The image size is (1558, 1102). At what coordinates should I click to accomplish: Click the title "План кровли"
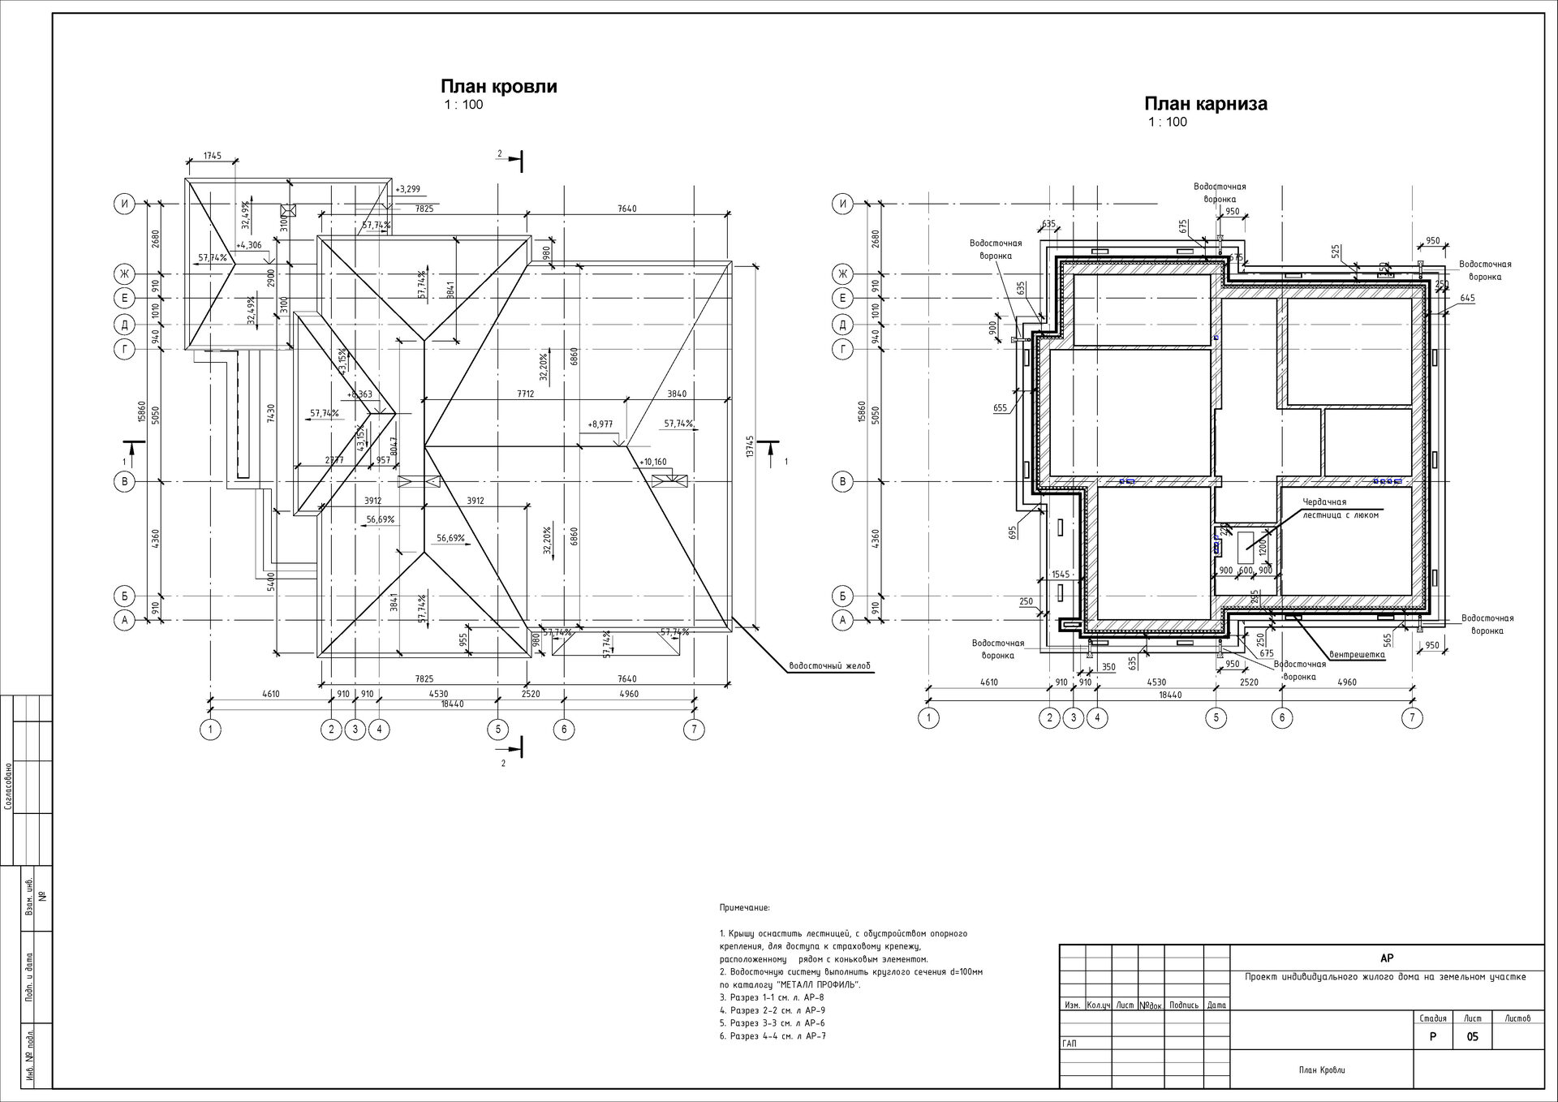[498, 87]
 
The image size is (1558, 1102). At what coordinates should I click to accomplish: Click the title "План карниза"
[1205, 104]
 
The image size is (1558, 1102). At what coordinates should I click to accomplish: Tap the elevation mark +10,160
[652, 463]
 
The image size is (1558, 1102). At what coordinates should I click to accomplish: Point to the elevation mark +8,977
[600, 424]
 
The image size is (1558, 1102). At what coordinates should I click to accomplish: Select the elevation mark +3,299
[407, 190]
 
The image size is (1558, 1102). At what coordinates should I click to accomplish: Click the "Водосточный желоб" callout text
[829, 667]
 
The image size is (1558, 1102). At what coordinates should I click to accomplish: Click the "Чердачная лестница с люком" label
[1340, 508]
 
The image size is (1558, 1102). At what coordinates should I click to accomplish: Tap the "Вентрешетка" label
[1356, 654]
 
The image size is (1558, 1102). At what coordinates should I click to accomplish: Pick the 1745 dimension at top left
[212, 155]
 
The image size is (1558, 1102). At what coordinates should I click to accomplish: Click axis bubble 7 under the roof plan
[693, 730]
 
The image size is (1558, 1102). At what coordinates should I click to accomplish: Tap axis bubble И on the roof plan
[123, 204]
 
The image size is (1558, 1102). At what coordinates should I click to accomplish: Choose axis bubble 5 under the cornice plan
[1216, 717]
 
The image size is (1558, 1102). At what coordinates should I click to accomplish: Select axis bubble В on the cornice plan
[842, 481]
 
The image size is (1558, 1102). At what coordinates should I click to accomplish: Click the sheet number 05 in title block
[1473, 1037]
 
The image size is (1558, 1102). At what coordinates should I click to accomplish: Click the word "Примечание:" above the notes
[744, 908]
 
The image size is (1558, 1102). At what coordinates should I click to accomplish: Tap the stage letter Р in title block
[1433, 1037]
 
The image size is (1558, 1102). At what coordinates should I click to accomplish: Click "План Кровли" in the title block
[1321, 1070]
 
